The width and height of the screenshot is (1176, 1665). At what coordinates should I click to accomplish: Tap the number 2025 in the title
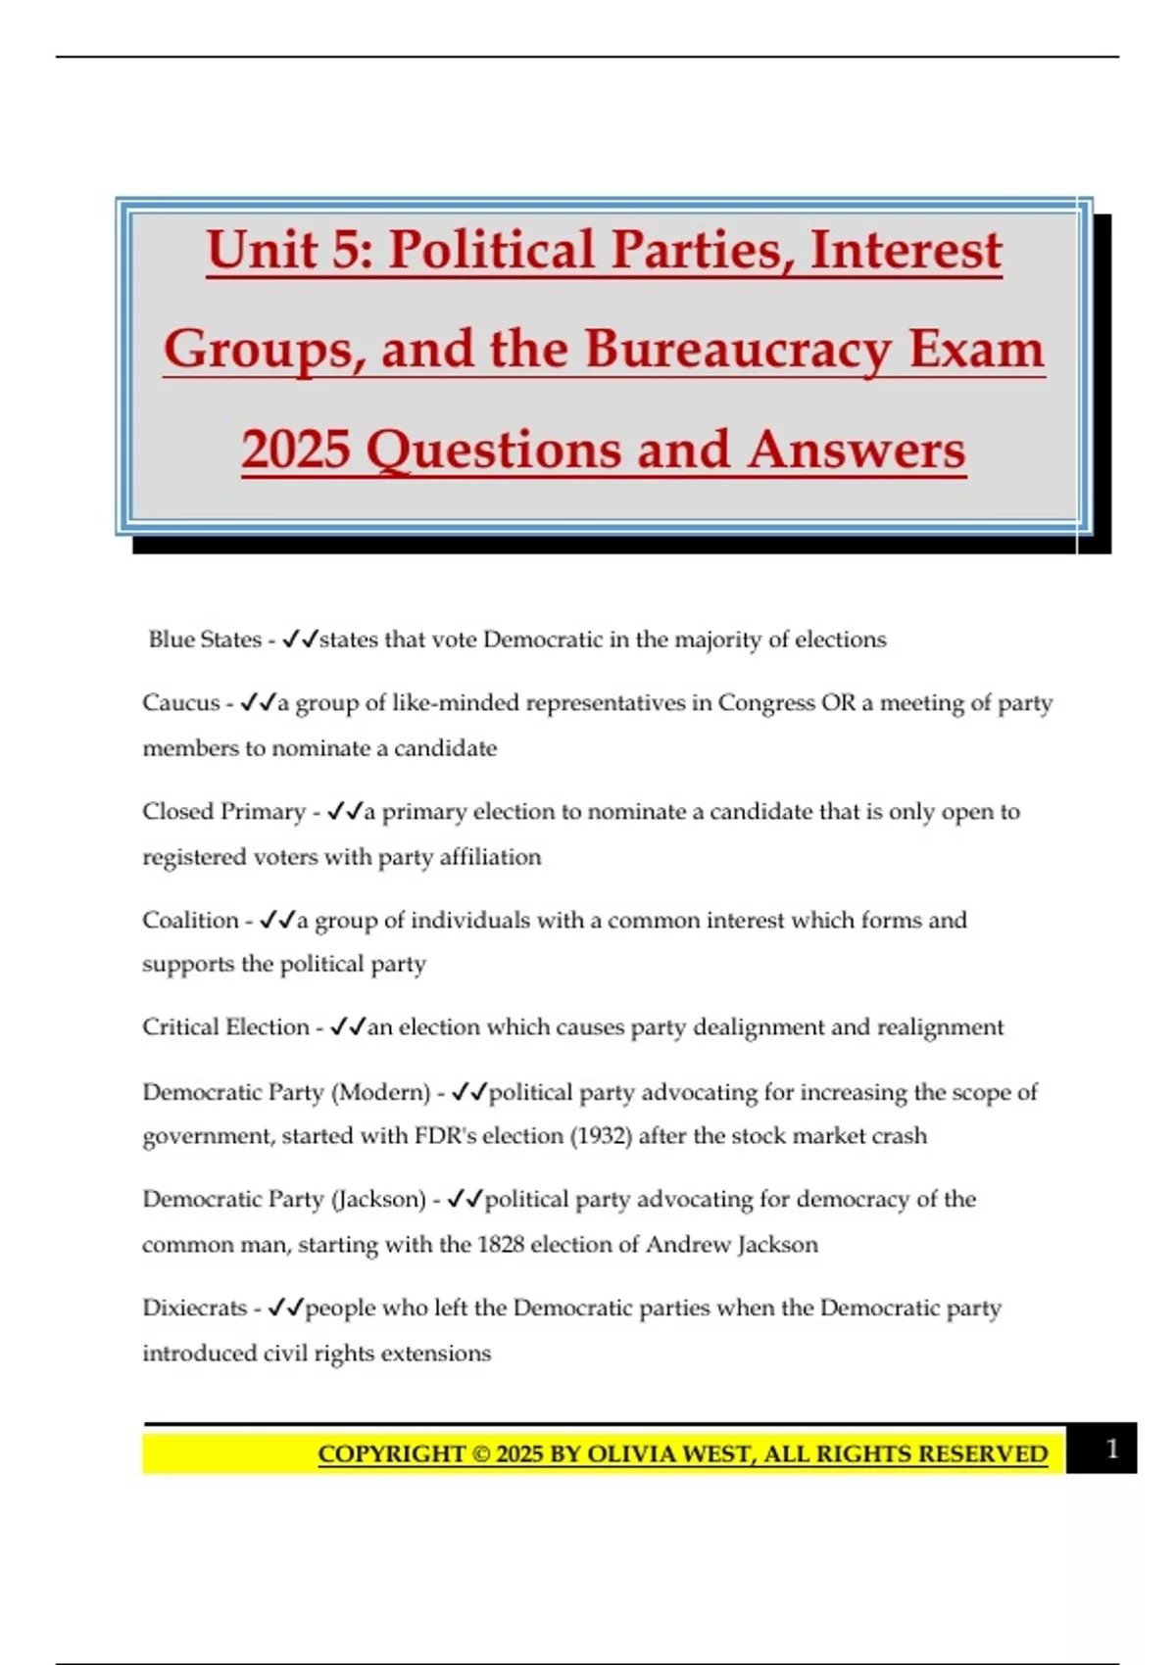click(x=296, y=451)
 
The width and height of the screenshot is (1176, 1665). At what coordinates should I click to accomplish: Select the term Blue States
click(x=205, y=640)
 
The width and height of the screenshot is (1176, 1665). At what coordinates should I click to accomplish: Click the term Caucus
click(x=181, y=703)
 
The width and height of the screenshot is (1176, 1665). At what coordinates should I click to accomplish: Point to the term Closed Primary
click(x=224, y=812)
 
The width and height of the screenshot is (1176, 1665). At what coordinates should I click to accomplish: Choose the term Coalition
click(x=191, y=921)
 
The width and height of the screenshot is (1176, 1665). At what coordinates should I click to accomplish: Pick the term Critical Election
click(x=225, y=1027)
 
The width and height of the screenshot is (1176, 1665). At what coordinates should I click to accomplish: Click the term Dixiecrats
click(x=195, y=1308)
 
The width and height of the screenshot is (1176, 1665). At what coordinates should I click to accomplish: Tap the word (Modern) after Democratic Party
click(x=381, y=1092)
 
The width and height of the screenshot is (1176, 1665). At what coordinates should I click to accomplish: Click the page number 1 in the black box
click(x=1111, y=1449)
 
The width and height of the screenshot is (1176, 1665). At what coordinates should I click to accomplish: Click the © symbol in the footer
click(x=481, y=1454)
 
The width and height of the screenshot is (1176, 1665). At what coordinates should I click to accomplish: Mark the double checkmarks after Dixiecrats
click(x=285, y=1308)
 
